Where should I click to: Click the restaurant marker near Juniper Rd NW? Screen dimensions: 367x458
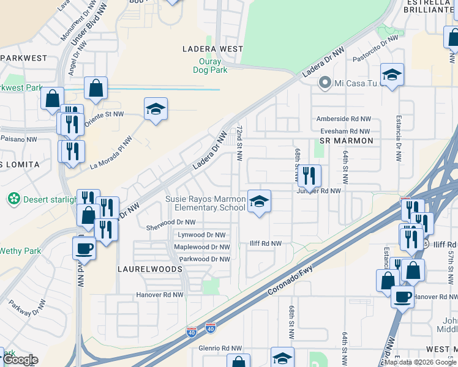309,176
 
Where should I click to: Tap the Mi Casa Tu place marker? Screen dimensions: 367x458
325,83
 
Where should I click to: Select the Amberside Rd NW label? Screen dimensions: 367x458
343,119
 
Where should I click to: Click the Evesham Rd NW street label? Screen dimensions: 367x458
343,131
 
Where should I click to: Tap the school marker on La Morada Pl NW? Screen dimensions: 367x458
156,109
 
